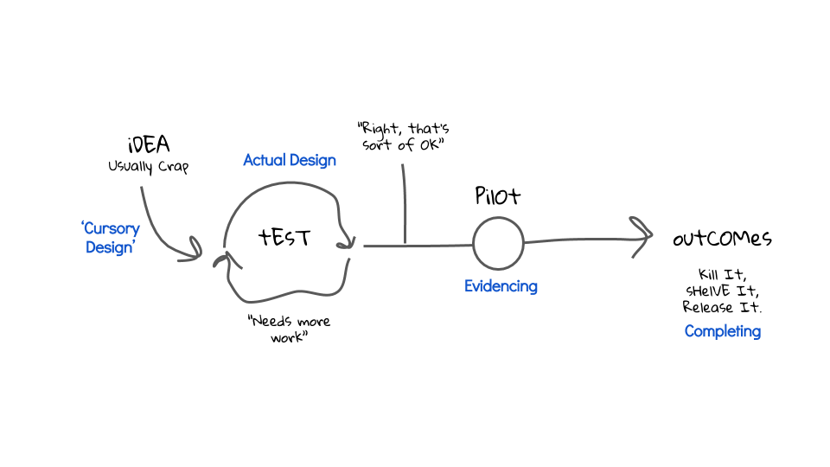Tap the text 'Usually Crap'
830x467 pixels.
click(148, 167)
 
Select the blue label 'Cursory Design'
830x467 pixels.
click(110, 238)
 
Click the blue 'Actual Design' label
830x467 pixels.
click(290, 160)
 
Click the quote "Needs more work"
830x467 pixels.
click(289, 329)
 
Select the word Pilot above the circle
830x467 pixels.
click(498, 196)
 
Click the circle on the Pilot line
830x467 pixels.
click(498, 244)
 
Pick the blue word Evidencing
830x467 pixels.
click(501, 286)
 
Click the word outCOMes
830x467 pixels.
click(722, 239)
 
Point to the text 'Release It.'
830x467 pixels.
click(723, 307)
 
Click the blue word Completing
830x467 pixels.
click(723, 331)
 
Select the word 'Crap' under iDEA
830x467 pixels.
click(171, 167)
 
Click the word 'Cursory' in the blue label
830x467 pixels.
click(112, 229)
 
